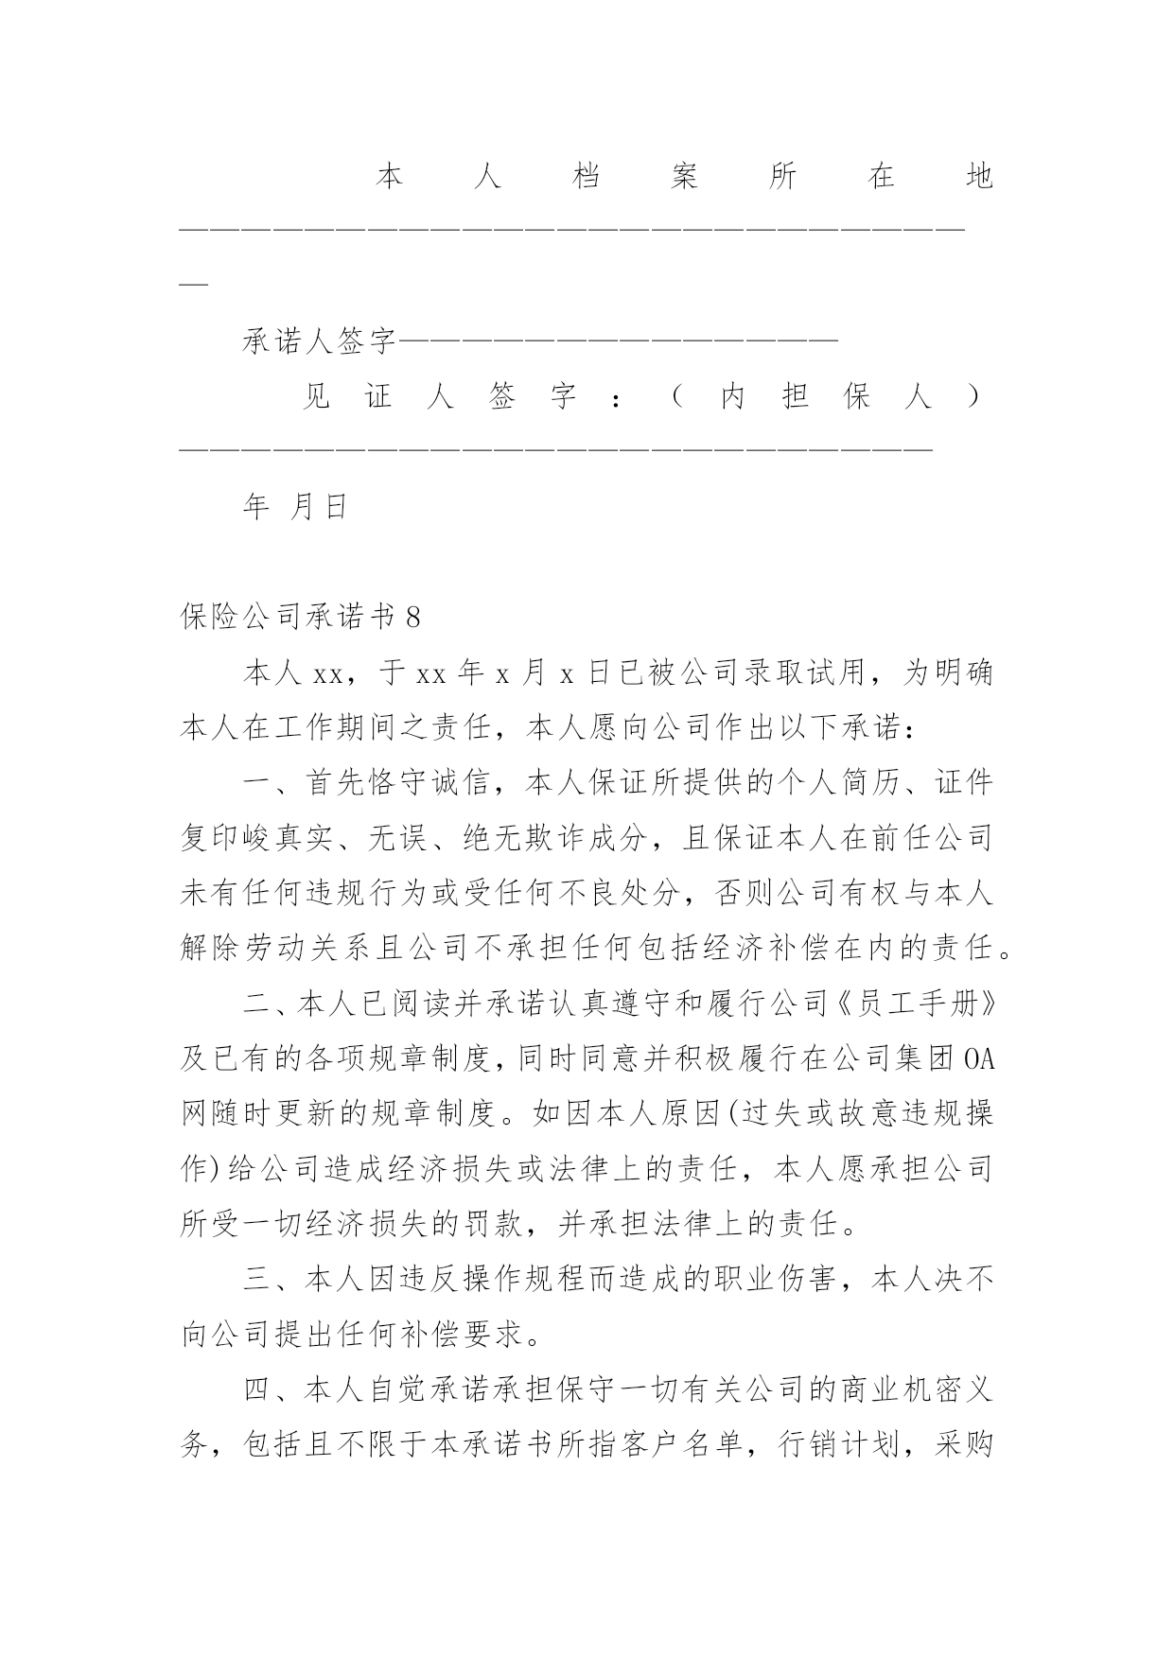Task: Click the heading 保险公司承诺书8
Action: pyautogui.click(x=300, y=618)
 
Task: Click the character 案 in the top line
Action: pyautogui.click(x=685, y=177)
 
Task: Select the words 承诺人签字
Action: pyautogui.click(x=320, y=341)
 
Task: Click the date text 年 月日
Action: pyautogui.click(x=297, y=508)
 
